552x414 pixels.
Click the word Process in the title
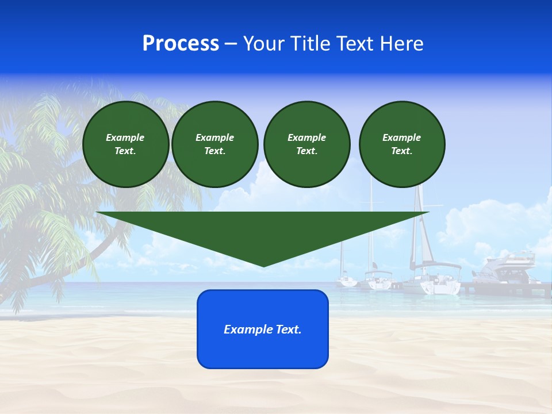(x=181, y=44)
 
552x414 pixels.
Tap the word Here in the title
(x=401, y=44)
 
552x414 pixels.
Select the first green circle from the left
(x=125, y=144)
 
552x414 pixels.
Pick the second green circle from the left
(x=214, y=144)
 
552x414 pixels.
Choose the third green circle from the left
(x=306, y=144)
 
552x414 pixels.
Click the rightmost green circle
(x=401, y=144)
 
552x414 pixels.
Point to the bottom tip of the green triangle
(x=263, y=266)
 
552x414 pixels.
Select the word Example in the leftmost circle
(x=125, y=137)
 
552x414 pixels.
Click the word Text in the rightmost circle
(x=401, y=151)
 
